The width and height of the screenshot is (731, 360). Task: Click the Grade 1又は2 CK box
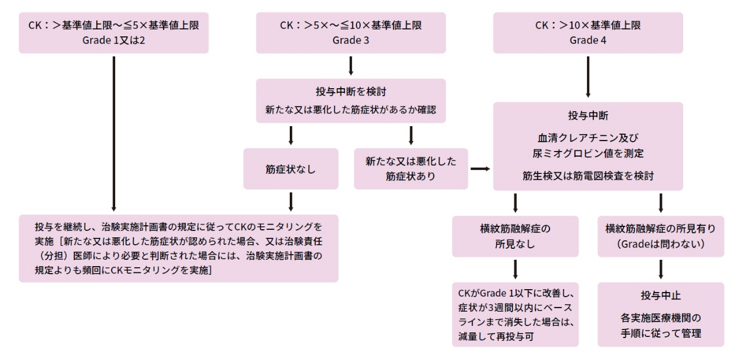[x=113, y=33]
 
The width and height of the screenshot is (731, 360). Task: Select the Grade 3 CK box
[x=351, y=33]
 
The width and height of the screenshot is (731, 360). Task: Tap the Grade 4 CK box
[x=588, y=33]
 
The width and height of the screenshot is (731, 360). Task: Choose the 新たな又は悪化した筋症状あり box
[x=411, y=169]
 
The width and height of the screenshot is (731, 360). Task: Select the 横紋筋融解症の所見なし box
[x=515, y=236]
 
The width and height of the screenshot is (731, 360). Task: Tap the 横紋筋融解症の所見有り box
[x=660, y=236]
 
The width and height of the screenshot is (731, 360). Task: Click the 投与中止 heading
[x=660, y=296]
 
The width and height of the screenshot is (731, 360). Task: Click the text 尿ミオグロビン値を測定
[x=588, y=154]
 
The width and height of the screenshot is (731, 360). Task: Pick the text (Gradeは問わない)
[x=660, y=243]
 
